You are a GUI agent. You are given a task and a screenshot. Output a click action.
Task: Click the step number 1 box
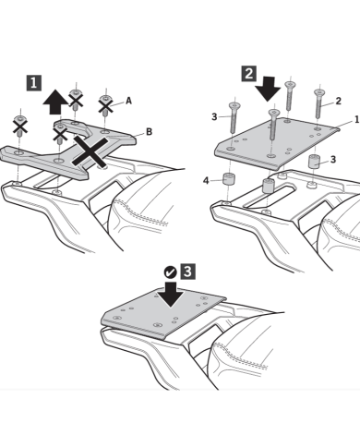pos(33,83)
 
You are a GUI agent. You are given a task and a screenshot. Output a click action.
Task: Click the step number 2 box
pos(249,74)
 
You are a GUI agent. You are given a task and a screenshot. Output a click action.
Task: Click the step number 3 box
pos(187,272)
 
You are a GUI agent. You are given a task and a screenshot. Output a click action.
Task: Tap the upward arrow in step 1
pos(55,102)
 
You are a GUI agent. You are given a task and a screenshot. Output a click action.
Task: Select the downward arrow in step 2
pos(268,89)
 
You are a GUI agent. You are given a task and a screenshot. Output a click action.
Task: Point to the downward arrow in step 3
pos(170,294)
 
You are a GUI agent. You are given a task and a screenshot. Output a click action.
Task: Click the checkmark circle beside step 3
pos(170,272)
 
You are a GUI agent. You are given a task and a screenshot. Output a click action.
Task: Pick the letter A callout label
pos(128,101)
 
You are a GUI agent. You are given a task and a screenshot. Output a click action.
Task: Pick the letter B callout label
pos(149,132)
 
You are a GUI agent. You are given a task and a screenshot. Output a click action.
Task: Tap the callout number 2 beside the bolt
pos(338,101)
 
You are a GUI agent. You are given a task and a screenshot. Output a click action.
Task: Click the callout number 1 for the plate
pos(357,119)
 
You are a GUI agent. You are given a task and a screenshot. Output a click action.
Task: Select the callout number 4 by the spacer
pos(206,180)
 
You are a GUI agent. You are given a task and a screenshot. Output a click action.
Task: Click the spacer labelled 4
pos(227,179)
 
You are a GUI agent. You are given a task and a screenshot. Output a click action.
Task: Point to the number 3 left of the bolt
pos(214,116)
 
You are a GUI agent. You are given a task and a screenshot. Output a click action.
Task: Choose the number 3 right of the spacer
pos(333,160)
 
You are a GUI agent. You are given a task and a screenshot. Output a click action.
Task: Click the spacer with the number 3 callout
pos(314,162)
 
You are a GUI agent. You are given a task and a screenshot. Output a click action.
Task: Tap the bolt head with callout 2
pos(319,92)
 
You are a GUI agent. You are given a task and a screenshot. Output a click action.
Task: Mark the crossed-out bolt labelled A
pos(105,105)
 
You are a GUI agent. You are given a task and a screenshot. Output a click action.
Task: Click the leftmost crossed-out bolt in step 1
pos(20,126)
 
